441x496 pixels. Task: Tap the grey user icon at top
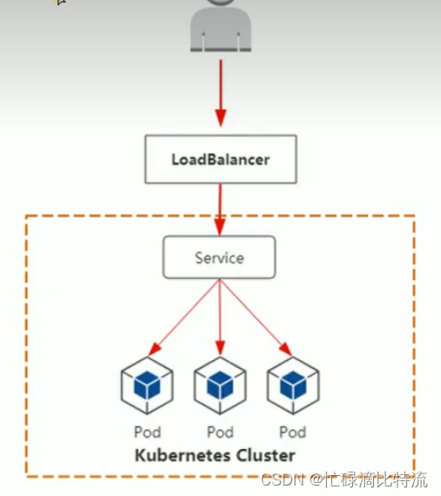[x=220, y=25]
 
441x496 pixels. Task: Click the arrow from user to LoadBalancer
[x=220, y=93]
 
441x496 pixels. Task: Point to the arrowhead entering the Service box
[x=220, y=227]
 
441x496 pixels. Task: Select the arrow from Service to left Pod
[x=184, y=317]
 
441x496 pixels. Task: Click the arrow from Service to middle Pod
[x=220, y=317]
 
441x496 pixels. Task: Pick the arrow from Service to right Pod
[x=256, y=317]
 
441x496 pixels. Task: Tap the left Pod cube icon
[x=147, y=385]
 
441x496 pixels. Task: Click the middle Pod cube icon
[x=220, y=385]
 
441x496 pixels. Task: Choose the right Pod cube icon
[x=293, y=385]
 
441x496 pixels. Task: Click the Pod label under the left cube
[x=147, y=432]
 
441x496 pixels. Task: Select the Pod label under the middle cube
[x=220, y=432]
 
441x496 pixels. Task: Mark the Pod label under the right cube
[x=293, y=432]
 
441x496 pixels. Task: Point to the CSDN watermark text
[x=344, y=479]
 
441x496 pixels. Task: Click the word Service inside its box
[x=220, y=258]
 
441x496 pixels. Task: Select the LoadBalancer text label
[x=220, y=160]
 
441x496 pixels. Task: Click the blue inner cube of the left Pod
[x=147, y=384]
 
